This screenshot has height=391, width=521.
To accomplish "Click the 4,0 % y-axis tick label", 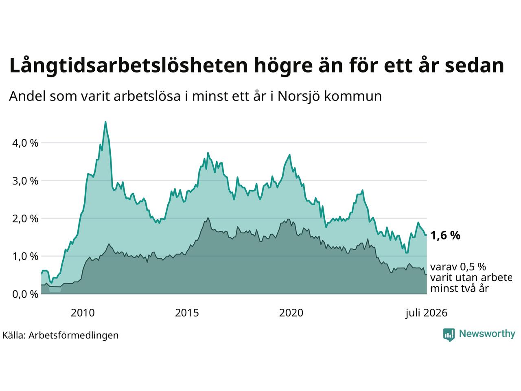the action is (x=25, y=143).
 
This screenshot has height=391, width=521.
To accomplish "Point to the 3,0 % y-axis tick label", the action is (x=25, y=181).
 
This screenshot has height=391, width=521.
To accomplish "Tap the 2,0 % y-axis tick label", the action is (x=25, y=219).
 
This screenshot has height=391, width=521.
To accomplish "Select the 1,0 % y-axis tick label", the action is (x=25, y=257).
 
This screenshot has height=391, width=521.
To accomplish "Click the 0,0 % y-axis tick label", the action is (x=25, y=294).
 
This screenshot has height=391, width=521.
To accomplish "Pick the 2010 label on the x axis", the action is (x=83, y=313).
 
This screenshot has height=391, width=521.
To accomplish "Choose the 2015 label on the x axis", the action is (x=187, y=313).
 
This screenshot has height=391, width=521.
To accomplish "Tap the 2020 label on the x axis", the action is (x=291, y=313).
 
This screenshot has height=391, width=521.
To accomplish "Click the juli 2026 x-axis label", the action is (x=426, y=313).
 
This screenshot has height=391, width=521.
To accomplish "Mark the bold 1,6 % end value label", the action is (x=445, y=235).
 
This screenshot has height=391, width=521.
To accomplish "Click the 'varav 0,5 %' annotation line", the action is (x=458, y=267).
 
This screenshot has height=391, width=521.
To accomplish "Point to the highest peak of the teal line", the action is (x=105, y=122).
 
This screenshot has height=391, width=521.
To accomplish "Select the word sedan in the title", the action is (x=474, y=66).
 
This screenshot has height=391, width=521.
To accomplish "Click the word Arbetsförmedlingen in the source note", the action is (x=73, y=336).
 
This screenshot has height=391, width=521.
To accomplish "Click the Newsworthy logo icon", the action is (x=449, y=335).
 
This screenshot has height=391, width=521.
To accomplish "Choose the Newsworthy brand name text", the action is (x=487, y=334).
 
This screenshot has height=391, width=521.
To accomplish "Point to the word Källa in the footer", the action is (x=14, y=335).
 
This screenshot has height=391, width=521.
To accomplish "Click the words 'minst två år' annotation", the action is (x=459, y=289).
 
